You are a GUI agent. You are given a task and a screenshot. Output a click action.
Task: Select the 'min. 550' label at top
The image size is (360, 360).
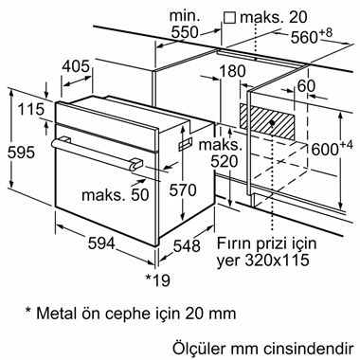point(183,24)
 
